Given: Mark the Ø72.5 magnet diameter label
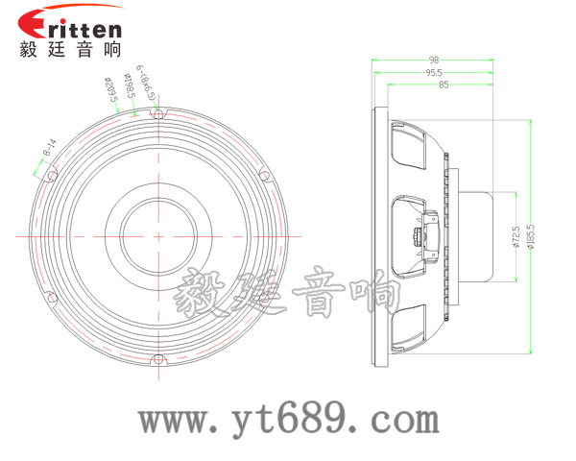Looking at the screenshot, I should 516,235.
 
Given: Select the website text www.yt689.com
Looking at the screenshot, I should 288,420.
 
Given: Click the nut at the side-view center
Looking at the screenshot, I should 420,235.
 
